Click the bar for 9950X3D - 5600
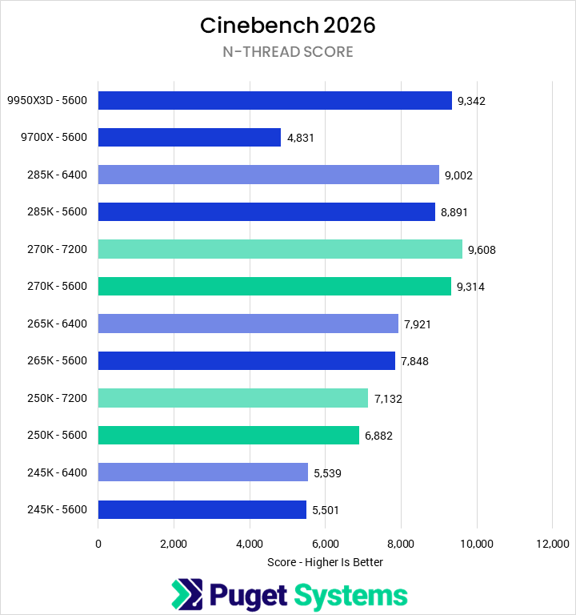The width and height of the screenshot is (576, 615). click(274, 100)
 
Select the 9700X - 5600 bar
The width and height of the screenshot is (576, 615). click(190, 137)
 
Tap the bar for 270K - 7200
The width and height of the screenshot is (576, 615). click(280, 249)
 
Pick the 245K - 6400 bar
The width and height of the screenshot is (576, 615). click(203, 472)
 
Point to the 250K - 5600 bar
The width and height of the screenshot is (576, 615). click(229, 435)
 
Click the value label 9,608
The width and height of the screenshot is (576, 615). click(482, 250)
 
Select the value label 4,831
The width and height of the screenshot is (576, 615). click(301, 138)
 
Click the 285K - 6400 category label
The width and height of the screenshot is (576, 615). click(58, 175)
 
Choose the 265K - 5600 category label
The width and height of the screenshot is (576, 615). click(58, 361)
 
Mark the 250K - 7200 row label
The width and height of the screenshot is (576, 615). click(58, 398)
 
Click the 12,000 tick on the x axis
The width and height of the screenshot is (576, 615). click(552, 544)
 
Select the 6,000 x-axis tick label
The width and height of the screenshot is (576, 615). click(325, 544)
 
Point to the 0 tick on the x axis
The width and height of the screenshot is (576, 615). click(98, 544)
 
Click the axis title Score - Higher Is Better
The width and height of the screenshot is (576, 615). click(325, 562)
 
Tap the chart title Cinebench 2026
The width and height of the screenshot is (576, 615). click(288, 26)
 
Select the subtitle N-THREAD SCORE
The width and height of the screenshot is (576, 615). click(288, 52)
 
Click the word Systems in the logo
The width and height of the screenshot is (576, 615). click(350, 595)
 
